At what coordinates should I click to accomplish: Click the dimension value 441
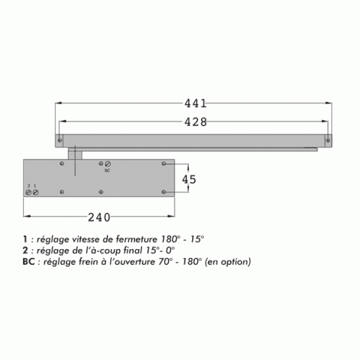(195, 102)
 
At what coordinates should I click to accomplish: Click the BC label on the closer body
(107, 172)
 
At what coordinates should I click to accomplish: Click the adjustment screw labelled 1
(35, 192)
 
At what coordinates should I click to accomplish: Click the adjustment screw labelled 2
(29, 192)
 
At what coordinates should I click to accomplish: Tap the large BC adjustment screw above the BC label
(108, 164)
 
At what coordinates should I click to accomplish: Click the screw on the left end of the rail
(59, 140)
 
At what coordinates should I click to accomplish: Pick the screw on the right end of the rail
(328, 140)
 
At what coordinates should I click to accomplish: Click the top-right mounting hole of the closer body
(164, 163)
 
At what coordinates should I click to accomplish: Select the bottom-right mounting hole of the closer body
(164, 192)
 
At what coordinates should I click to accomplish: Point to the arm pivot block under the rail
(74, 153)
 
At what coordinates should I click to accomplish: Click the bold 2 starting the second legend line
(25, 250)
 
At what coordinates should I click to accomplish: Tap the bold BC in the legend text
(29, 261)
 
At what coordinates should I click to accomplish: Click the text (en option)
(227, 261)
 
